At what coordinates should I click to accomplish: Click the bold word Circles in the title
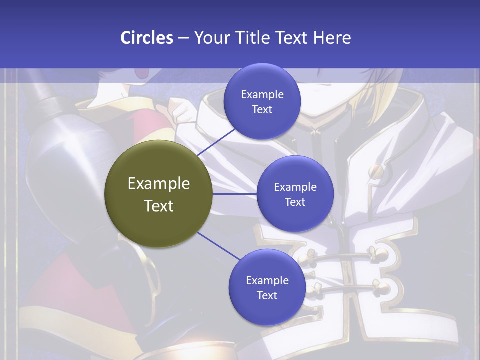coord(146,38)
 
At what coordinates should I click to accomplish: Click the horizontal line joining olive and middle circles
coord(234,194)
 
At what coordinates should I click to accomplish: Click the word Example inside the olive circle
coord(159,184)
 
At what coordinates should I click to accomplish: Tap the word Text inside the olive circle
coord(159,206)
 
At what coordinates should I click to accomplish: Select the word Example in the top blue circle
coord(262,95)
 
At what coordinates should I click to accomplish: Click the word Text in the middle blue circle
coord(295,202)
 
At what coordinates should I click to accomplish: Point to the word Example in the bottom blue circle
coord(267,281)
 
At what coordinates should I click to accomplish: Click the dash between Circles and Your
coord(183,38)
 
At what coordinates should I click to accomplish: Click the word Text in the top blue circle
coord(262,109)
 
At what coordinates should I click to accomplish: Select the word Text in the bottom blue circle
coord(267,295)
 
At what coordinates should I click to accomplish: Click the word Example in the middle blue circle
coord(295,187)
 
